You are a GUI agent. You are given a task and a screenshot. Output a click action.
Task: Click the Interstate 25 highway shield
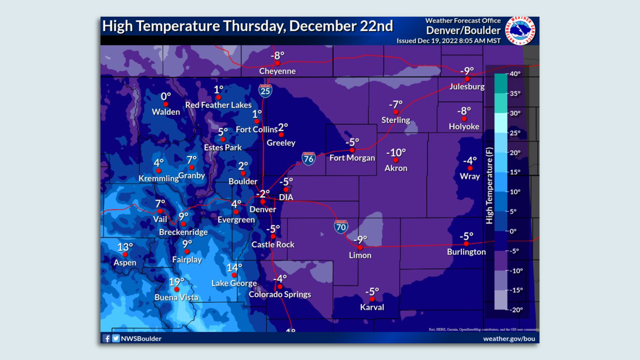click(x=265, y=90)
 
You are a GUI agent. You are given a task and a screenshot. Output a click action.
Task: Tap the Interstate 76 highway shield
click(x=308, y=158)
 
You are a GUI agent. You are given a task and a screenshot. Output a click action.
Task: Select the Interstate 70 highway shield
click(x=341, y=227)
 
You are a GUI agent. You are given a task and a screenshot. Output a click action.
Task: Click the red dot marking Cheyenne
click(x=277, y=63)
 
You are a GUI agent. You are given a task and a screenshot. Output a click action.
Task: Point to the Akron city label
click(x=396, y=168)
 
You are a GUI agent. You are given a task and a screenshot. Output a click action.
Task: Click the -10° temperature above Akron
click(x=396, y=153)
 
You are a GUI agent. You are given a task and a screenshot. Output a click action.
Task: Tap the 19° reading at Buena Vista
click(x=177, y=282)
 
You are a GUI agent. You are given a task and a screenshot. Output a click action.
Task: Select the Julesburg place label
click(x=467, y=87)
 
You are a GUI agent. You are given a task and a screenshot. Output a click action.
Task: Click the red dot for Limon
click(x=360, y=247)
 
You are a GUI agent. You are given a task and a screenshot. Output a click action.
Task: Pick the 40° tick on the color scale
click(x=515, y=74)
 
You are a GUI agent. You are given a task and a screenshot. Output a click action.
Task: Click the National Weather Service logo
click(x=520, y=31)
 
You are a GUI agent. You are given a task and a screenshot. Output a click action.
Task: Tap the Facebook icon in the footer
click(x=106, y=338)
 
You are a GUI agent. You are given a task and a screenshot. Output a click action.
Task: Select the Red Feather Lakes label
click(x=218, y=105)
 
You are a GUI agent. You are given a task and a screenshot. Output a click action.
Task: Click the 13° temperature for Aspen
click(x=125, y=247)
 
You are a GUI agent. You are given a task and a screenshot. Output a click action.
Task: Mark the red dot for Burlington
click(x=466, y=244)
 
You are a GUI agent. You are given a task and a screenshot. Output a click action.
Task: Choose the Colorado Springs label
click(x=280, y=294)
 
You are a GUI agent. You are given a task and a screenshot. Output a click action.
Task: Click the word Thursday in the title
click(x=253, y=26)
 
